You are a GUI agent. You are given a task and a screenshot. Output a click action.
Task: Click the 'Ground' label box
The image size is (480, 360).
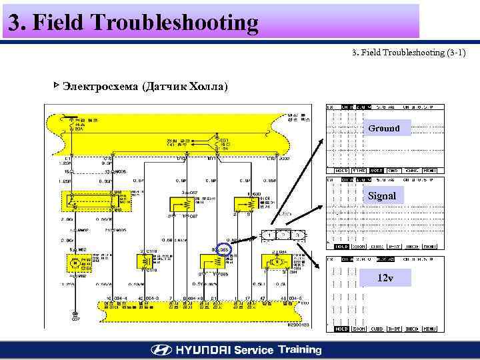pos(383,128)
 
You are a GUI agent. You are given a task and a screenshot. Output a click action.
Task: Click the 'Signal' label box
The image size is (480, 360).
pos(383,197)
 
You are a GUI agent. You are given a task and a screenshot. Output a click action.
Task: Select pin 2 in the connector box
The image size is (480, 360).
pos(284,235)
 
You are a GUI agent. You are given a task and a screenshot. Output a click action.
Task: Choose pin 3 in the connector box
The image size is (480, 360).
pos(299,235)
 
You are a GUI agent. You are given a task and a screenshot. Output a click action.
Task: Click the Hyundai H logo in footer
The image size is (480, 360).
pos(161,350)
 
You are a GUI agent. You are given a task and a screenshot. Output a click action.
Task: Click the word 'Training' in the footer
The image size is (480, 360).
pos(299,349)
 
